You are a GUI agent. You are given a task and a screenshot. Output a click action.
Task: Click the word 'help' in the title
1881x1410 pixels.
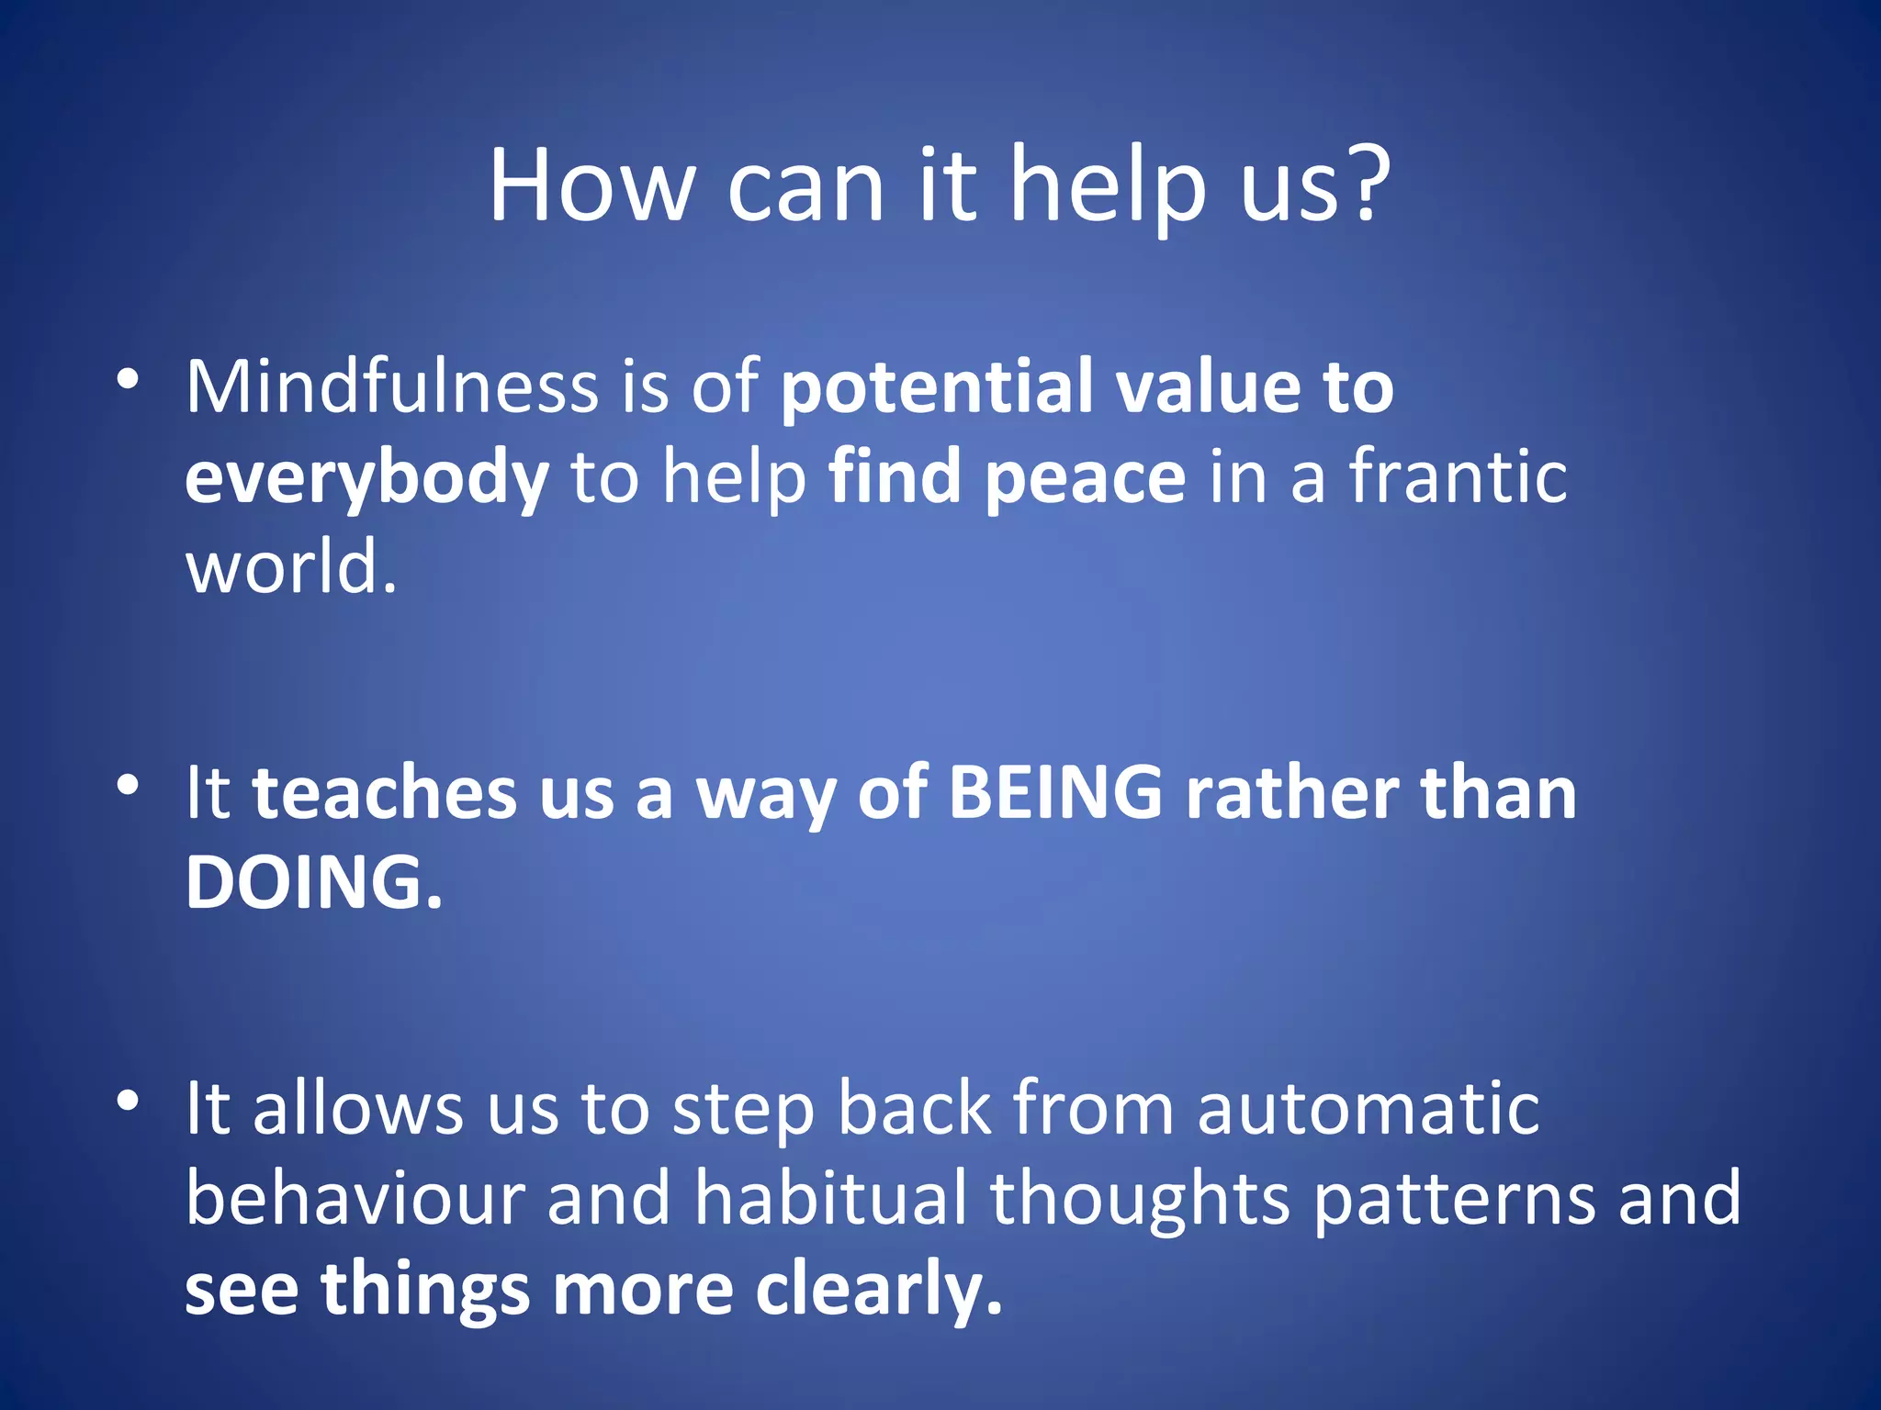point(1108,188)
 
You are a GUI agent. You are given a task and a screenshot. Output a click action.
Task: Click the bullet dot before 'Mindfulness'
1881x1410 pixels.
point(128,378)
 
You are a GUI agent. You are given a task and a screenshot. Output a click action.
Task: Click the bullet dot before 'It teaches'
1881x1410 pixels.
point(128,785)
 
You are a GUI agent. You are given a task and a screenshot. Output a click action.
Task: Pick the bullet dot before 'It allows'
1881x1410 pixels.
point(128,1100)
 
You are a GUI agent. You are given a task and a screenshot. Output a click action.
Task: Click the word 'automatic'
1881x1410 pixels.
point(1369,1109)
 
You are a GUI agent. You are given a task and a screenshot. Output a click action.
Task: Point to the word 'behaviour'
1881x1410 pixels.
point(355,1198)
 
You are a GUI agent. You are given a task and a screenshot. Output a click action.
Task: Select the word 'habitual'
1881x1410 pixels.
point(830,1198)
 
